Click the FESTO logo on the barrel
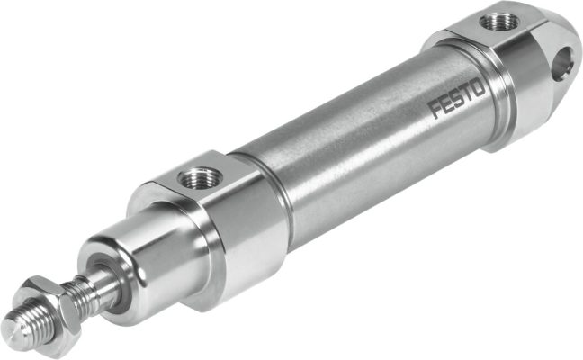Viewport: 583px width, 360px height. coord(458,99)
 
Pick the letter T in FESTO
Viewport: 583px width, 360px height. coord(468,94)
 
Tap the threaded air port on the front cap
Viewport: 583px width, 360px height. coord(198,177)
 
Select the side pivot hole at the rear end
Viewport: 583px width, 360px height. coord(565,62)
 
